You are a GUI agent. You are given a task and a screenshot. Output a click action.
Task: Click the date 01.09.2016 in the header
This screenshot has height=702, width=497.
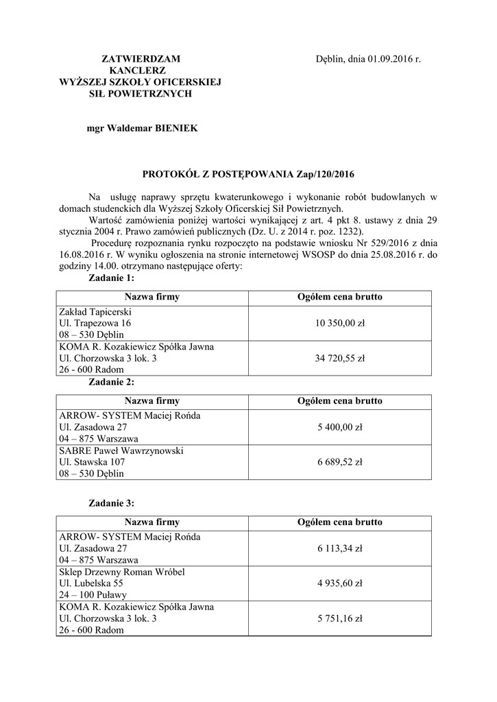(389, 60)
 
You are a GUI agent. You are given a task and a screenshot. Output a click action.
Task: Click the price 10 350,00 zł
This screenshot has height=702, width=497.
(340, 323)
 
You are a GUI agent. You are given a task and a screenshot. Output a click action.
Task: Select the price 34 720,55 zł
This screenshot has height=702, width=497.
(340, 358)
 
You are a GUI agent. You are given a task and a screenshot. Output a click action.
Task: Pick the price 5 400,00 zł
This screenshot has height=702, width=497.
(340, 427)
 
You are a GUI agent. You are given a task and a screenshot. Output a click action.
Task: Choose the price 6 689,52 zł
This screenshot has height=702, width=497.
(340, 462)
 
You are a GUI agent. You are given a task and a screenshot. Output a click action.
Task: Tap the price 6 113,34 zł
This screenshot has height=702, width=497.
(340, 548)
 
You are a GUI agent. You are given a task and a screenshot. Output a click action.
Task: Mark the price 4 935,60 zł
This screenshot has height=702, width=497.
(340, 583)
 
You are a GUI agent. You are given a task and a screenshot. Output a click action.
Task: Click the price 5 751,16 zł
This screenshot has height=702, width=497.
(340, 618)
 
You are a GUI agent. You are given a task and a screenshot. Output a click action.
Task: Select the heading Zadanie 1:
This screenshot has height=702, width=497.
(112, 278)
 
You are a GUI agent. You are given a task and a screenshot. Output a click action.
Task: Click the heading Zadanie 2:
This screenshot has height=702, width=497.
(112, 382)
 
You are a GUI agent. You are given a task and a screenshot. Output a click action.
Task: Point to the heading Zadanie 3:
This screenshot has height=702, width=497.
(112, 503)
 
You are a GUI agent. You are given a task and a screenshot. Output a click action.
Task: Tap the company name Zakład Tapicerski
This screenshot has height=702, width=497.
(95, 312)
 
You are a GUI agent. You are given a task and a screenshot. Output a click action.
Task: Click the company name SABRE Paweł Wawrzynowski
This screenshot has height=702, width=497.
(121, 450)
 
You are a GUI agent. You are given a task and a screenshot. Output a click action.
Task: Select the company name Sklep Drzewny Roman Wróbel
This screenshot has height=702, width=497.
(122, 572)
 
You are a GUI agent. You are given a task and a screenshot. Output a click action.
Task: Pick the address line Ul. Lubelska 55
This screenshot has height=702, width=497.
(91, 583)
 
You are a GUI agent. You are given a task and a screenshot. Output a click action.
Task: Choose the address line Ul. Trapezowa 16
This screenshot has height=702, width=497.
(95, 323)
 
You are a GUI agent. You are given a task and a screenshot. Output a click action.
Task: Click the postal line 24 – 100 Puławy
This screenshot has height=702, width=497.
(93, 595)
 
